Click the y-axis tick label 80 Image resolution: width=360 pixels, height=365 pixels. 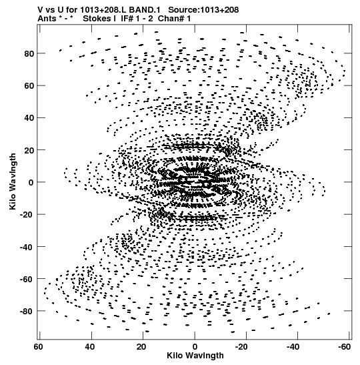29,54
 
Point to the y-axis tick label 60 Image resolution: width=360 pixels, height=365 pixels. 29,86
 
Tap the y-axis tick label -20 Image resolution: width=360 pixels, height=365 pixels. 27,215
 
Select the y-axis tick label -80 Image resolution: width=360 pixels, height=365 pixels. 27,311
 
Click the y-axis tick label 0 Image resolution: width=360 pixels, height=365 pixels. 31,183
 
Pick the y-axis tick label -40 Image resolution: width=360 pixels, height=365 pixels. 27,247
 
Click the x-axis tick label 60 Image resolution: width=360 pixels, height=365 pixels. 39,347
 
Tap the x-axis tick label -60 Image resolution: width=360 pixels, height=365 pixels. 344,347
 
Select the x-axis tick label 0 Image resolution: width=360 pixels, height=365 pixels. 195,347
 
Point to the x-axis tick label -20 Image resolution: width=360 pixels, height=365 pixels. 241,347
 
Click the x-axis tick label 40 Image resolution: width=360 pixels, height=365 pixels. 90,347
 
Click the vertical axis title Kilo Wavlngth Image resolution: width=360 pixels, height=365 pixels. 13,181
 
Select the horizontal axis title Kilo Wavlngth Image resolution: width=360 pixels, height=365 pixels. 195,356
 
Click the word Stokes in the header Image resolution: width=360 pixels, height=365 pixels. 97,19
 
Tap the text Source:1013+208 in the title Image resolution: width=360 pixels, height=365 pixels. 203,10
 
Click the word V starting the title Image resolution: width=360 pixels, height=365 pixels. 40,10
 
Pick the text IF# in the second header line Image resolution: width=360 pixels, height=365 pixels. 127,19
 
